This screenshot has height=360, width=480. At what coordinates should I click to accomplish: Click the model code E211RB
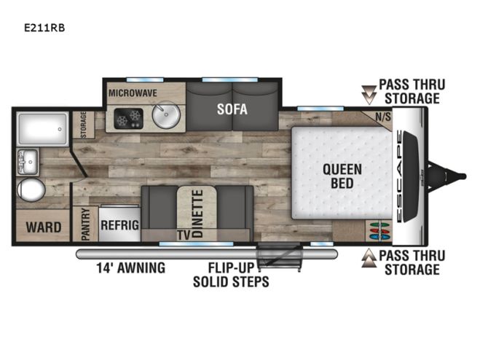click(44, 28)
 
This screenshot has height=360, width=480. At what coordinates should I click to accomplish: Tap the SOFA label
click(232, 109)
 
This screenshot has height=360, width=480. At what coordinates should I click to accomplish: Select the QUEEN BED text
click(342, 176)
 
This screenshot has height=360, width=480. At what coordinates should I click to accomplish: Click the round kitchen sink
click(166, 114)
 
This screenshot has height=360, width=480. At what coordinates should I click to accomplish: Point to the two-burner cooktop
click(129, 118)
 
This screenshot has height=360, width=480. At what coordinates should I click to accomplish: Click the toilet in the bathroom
click(31, 190)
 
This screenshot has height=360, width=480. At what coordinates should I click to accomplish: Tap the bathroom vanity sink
click(28, 162)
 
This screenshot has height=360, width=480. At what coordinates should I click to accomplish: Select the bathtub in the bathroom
click(42, 129)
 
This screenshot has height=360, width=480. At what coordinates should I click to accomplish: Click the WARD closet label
click(44, 227)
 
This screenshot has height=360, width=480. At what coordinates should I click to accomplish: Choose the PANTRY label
click(85, 224)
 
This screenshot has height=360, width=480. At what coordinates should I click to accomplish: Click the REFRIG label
click(119, 225)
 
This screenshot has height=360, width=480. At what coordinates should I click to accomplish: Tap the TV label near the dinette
click(184, 235)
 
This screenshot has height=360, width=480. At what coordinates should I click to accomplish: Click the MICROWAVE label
click(133, 93)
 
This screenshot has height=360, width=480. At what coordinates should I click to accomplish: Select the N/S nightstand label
click(383, 117)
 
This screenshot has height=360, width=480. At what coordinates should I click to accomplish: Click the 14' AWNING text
click(130, 267)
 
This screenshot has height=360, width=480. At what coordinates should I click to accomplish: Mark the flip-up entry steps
click(279, 257)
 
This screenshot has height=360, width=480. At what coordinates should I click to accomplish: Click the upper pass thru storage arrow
click(369, 95)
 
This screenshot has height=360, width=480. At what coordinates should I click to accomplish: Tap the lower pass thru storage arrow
click(369, 258)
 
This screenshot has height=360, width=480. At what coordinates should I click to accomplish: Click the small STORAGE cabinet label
click(83, 125)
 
